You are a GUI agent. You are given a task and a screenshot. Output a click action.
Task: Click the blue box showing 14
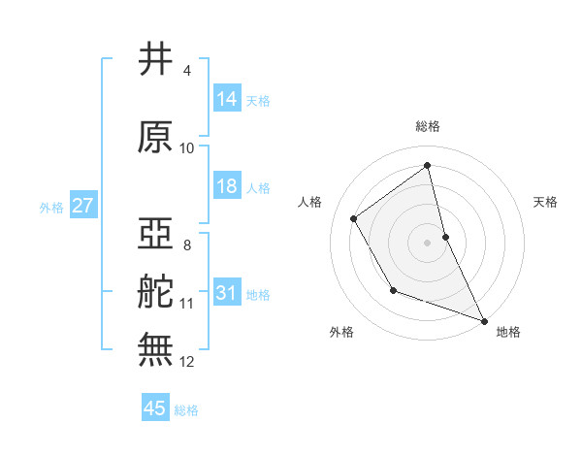click(227, 99)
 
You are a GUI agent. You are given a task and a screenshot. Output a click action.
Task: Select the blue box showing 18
click(227, 186)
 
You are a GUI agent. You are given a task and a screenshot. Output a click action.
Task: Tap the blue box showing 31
click(227, 293)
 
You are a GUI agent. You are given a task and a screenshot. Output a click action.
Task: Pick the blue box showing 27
click(82, 206)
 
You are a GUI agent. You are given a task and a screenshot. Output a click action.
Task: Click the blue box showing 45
click(155, 408)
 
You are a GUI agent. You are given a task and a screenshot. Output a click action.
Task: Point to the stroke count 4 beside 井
click(186, 71)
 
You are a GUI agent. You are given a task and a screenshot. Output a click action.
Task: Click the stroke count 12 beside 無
click(187, 362)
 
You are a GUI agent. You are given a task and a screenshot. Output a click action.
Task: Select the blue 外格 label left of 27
click(51, 207)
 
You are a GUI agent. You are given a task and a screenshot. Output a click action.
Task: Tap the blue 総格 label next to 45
click(186, 409)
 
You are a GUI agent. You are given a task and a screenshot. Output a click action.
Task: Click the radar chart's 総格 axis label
click(427, 126)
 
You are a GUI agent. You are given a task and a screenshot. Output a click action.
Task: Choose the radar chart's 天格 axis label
click(546, 202)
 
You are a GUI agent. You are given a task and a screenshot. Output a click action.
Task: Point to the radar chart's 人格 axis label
click(309, 202)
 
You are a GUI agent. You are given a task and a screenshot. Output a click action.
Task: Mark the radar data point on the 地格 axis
click(484, 320)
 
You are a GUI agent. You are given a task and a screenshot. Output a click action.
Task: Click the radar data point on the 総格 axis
click(427, 166)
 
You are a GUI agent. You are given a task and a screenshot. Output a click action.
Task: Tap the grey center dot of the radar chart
click(427, 242)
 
